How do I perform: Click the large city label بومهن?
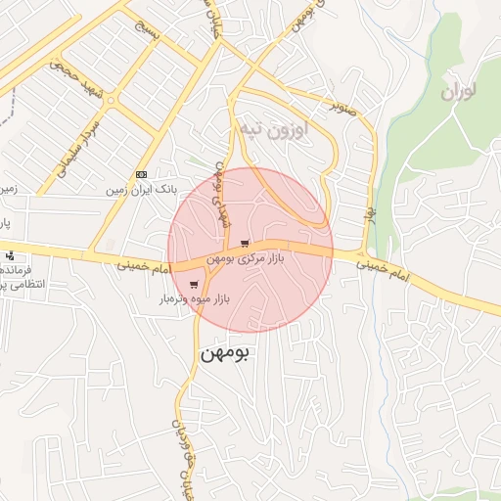pos(225,353)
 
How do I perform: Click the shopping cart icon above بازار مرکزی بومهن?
pos(245,244)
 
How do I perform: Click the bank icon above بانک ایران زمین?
pos(141,173)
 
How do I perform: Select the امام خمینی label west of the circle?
pos(142,264)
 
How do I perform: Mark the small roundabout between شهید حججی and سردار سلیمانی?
pos(110,99)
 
